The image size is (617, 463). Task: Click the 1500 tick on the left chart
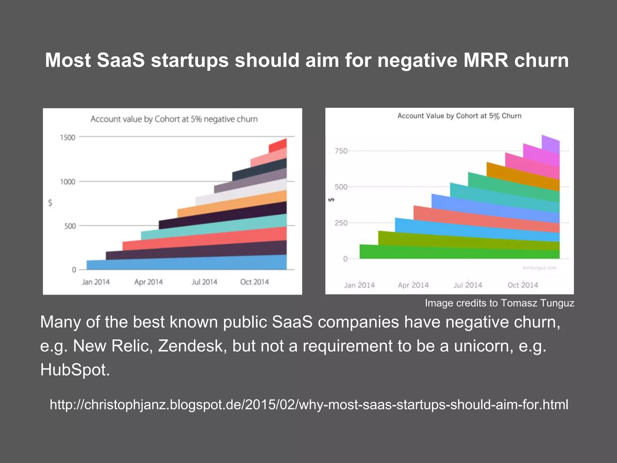(x=67, y=137)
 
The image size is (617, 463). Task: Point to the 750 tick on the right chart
(x=341, y=151)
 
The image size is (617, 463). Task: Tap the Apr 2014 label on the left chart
(x=148, y=282)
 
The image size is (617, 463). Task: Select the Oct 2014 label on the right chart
(x=523, y=285)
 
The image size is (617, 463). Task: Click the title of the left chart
(x=174, y=119)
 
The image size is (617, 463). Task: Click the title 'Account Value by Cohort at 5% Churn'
(x=459, y=116)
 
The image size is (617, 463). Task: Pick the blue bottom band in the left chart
(x=187, y=263)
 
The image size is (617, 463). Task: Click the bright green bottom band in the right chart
(x=458, y=253)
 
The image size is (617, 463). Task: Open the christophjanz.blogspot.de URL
(x=309, y=405)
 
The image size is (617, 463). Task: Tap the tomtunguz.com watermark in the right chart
(x=539, y=268)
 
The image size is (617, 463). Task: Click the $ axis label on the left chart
(x=50, y=203)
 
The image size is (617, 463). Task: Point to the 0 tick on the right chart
(x=345, y=259)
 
